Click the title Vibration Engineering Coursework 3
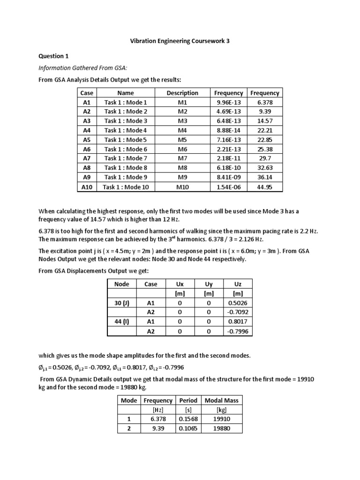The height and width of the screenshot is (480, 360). point(180,41)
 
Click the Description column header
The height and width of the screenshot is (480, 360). point(182,93)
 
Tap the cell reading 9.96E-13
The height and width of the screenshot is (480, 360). point(228,102)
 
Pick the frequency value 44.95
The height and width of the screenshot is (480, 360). point(265,187)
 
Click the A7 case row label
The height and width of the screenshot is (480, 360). point(87,158)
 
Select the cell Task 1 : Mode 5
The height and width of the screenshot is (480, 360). point(126,140)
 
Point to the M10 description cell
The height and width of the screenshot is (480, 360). point(182,187)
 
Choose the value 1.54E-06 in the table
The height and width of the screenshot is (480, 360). point(228,187)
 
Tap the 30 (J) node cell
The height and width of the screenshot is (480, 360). point(122,303)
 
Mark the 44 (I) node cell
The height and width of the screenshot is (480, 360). point(122,322)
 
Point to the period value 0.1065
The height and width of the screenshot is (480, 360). point(188,428)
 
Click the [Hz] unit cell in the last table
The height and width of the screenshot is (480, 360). point(158,410)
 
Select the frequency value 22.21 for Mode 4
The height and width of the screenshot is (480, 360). point(265,130)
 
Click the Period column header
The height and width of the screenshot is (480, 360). point(188,400)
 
